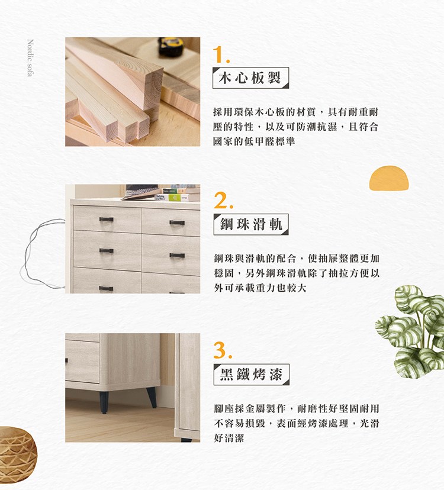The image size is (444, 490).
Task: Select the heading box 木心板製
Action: [250, 78]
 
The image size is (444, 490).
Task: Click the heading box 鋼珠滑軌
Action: [250, 224]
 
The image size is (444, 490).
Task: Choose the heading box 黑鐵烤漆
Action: [251, 374]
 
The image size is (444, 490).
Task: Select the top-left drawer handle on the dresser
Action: [106, 220]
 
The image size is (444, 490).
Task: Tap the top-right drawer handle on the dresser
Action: [176, 223]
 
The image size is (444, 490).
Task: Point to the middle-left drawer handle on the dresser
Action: [106, 251]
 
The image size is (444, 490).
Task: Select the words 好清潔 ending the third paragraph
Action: [228, 439]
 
